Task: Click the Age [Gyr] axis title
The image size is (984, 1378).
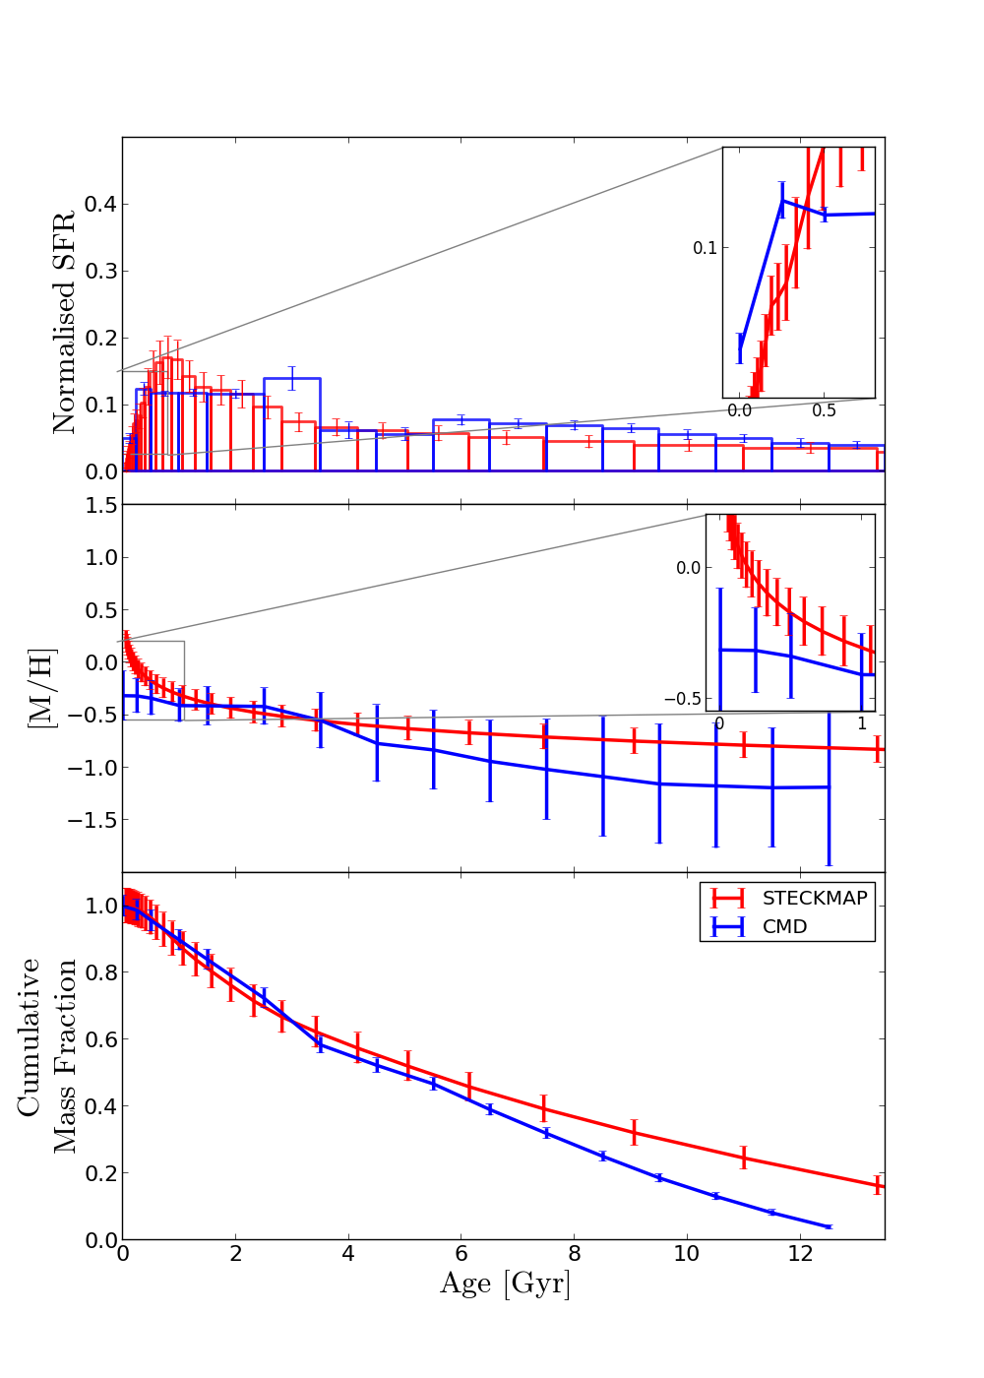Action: click(x=504, y=1284)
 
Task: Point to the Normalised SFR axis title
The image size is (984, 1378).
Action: click(x=64, y=322)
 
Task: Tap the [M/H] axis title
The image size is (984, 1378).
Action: click(x=42, y=688)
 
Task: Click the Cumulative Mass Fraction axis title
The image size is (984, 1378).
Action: click(x=47, y=1055)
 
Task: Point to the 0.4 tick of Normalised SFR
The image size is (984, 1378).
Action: click(x=100, y=205)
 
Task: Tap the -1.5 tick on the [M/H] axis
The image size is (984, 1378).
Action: click(x=94, y=820)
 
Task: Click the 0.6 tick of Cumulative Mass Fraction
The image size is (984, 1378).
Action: click(x=100, y=1039)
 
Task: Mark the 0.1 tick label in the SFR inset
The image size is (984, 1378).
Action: click(x=705, y=248)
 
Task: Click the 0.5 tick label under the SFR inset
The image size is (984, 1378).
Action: click(x=825, y=410)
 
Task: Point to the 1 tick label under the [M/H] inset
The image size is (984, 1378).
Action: click(x=862, y=723)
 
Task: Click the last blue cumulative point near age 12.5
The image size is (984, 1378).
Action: click(x=828, y=1226)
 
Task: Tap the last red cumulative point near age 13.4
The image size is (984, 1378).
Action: click(x=878, y=1185)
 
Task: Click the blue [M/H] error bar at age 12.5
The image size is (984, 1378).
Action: click(x=829, y=787)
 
